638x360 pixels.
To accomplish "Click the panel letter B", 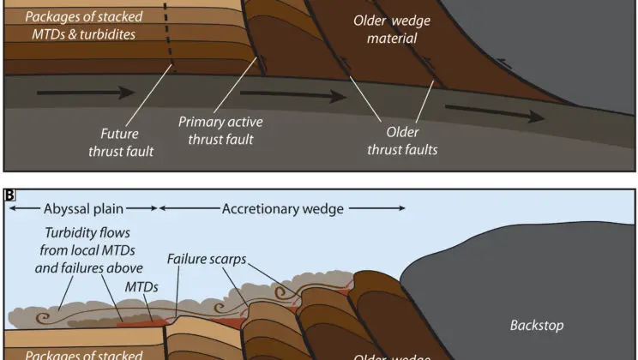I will coord(9,195).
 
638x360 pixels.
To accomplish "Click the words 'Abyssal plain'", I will coord(83,208).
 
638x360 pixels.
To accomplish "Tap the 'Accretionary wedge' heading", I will coord(284,208).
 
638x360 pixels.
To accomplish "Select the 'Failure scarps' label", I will coord(206,258).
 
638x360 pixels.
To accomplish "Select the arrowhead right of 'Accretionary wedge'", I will coord(400,208).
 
